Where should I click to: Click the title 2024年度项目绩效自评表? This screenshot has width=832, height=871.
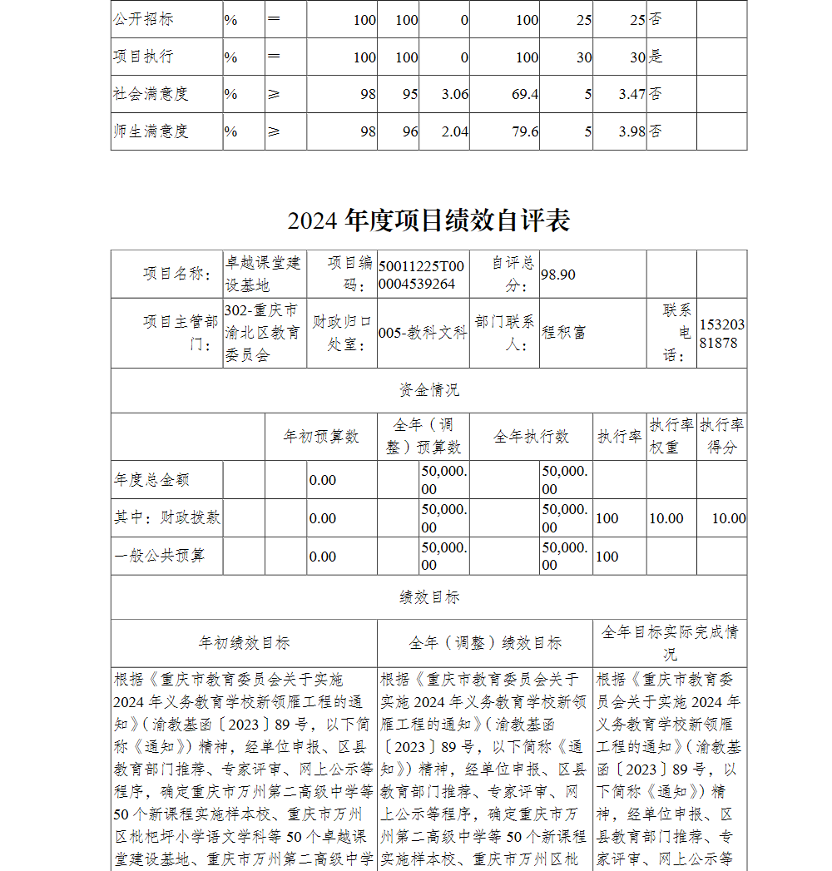428,221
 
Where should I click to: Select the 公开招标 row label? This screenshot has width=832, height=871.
143,19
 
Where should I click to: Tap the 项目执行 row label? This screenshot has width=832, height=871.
143,57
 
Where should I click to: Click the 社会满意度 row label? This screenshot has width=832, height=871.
151,94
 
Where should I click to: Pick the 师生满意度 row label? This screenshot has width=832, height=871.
151,131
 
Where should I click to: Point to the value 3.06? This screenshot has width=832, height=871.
455,94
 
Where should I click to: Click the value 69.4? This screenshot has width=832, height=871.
525,94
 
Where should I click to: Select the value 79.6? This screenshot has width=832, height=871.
525,131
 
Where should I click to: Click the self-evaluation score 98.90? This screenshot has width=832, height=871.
558,275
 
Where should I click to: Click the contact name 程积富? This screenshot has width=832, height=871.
564,333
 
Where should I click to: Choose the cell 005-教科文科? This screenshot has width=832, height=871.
423,333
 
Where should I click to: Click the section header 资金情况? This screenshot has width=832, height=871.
428,390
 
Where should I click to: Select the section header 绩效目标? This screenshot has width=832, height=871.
428,597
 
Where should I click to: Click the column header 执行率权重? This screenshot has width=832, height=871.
671,436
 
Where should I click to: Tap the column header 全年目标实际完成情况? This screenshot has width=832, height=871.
670,642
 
